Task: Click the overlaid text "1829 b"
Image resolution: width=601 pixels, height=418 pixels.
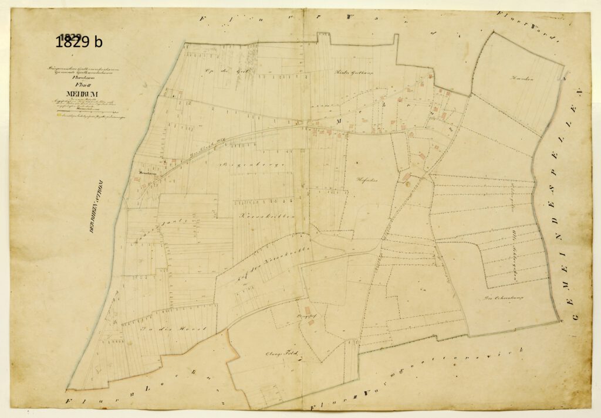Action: pyautogui.click(x=79, y=42)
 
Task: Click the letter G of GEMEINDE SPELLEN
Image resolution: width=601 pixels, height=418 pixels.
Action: pyautogui.click(x=574, y=316)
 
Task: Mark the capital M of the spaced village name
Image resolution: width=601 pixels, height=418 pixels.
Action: pyautogui.click(x=338, y=122)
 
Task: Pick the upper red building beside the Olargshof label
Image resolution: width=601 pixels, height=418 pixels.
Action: pyautogui.click(x=306, y=309)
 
